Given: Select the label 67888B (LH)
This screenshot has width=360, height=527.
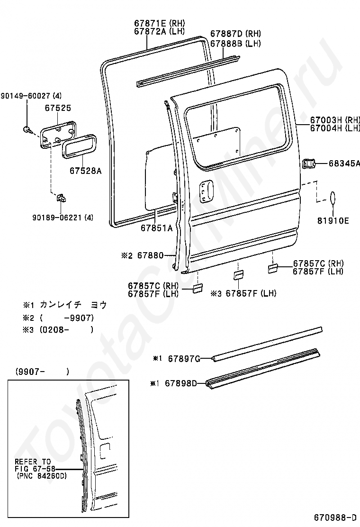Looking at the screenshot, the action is point(235,43).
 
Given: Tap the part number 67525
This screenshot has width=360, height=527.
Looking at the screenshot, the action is point(58,109).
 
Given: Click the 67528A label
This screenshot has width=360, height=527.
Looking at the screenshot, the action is point(86,171).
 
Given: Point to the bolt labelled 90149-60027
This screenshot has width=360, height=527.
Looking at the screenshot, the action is point(27,129).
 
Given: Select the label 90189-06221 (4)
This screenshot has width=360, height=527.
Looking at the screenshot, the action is point(63,218).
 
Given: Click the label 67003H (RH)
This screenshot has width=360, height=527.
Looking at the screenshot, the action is point(335,119).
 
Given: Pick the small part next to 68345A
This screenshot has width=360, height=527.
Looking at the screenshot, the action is point(308,164).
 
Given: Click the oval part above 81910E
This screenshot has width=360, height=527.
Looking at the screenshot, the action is point(333,198).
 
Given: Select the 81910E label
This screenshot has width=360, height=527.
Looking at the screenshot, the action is point(333,220).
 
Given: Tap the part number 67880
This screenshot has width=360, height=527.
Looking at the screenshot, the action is point(150,256).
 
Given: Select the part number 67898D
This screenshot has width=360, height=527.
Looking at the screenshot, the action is point(180,383).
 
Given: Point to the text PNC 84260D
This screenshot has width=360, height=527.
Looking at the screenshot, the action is point(42,475).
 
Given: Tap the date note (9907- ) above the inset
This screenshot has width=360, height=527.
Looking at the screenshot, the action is point(42,372).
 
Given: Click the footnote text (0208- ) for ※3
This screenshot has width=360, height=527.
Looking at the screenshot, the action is point(66,330).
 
